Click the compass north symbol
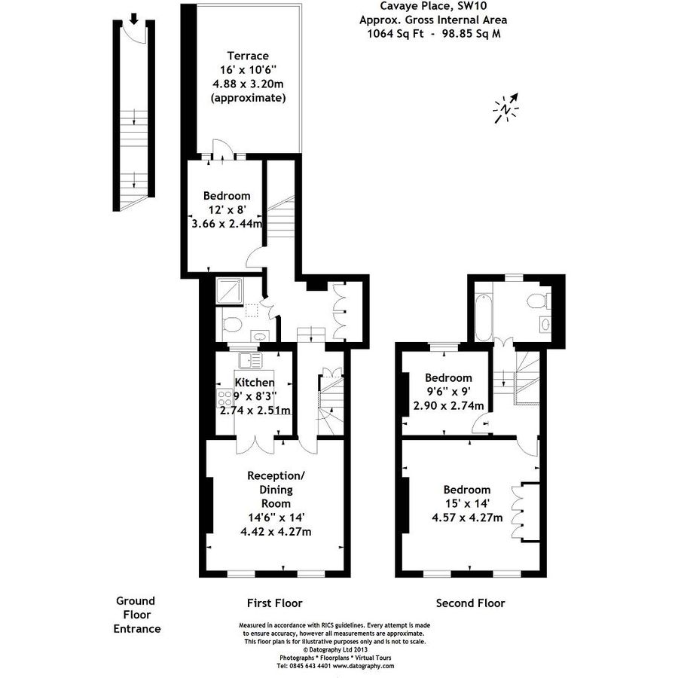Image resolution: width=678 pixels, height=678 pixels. click(506, 108)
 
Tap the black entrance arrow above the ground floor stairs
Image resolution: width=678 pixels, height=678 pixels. click(133, 18)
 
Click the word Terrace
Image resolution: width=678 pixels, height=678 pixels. click(248, 56)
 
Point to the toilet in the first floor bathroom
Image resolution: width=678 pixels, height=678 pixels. click(232, 325)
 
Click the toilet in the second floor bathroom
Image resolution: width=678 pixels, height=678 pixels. click(537, 301)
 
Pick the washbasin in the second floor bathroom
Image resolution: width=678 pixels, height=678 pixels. click(545, 325)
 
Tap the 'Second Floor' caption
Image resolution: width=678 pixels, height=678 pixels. click(471, 603)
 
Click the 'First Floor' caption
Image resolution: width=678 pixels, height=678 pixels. click(275, 603)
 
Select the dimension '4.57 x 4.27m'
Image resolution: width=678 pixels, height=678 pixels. click(467, 517)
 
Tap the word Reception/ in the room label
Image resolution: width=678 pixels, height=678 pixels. click(276, 475)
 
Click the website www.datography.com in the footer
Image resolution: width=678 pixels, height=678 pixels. click(363, 666)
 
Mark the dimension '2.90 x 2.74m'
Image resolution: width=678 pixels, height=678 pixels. click(448, 405)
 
